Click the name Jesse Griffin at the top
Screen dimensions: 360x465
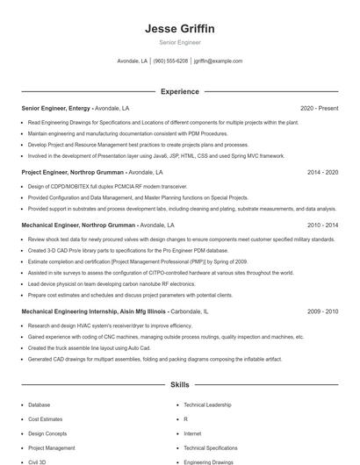click(179, 29)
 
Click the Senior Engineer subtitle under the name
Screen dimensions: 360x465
click(179, 42)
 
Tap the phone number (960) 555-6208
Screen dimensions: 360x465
click(170, 61)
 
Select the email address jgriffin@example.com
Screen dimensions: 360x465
click(218, 61)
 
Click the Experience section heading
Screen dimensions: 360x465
click(179, 91)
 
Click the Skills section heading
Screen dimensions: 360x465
click(179, 384)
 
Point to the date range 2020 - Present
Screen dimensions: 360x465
click(319, 108)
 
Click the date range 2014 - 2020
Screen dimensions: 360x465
click(322, 173)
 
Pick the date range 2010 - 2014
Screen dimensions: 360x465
click(322, 225)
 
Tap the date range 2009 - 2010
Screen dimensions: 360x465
click(322, 311)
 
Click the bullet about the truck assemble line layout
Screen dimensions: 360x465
click(97, 347)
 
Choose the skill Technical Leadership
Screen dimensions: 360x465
click(207, 405)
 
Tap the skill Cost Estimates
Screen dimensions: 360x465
click(46, 419)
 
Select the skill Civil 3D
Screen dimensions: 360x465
click(37, 461)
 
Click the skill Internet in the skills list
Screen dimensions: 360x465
click(192, 433)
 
